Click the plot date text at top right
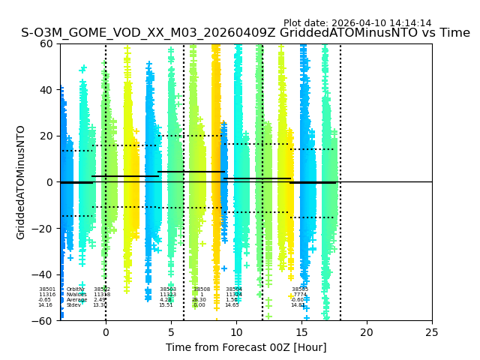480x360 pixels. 357,23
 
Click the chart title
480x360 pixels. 245,33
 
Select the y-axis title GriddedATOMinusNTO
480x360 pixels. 21,182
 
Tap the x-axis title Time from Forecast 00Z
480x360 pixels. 246,347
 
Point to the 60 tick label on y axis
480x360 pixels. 46,43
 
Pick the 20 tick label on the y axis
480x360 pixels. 46,136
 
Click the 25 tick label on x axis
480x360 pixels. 432,332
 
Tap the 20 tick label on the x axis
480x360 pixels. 367,332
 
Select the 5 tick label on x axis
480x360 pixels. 171,332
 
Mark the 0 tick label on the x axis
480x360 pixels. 106,332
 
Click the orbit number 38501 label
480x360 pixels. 47,289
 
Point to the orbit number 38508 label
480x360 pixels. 202,289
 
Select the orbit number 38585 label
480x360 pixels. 300,289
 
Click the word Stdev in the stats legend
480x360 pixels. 73,305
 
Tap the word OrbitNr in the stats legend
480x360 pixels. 76,289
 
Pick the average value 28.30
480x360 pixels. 199,300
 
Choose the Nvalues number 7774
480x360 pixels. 300,295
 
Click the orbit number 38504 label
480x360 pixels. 234,289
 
